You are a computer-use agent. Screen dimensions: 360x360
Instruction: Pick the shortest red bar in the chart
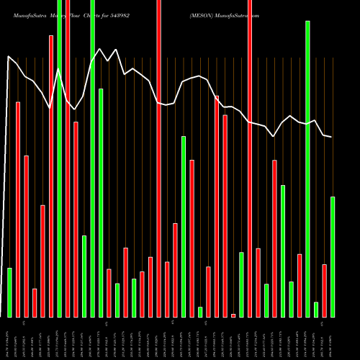click(x=233, y=315)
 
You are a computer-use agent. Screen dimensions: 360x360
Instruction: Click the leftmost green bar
click(x=9, y=292)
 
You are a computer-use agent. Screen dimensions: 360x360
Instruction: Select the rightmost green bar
click(x=333, y=256)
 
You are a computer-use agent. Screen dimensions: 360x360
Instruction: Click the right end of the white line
click(x=332, y=137)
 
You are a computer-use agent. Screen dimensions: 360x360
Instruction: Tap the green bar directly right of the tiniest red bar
click(x=242, y=284)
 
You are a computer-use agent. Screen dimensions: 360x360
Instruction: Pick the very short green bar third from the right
click(x=316, y=310)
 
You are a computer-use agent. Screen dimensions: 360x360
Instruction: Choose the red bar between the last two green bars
click(x=325, y=291)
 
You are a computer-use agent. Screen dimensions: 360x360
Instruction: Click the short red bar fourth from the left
click(x=35, y=302)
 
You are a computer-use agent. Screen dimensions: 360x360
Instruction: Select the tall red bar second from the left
click(x=18, y=209)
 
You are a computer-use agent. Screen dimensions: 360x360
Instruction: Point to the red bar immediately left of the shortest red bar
click(x=225, y=216)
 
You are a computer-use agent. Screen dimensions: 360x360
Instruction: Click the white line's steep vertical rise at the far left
click(x=7, y=180)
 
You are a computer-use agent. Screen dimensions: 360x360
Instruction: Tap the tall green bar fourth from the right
click(x=307, y=168)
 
